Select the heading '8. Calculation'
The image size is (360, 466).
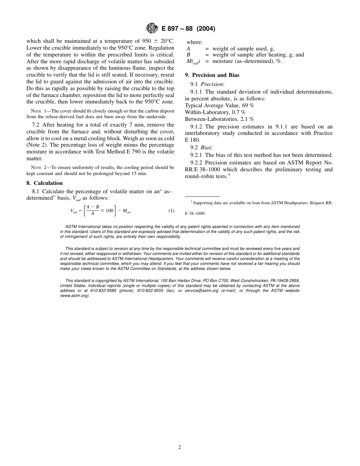pos(44,183)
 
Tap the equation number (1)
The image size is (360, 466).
pos(171,211)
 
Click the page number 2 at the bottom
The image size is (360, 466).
pos(180,447)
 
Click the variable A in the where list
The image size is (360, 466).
pos(188,48)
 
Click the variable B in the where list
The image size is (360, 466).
pos(188,55)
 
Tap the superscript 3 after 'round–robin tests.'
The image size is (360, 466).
pos(229,174)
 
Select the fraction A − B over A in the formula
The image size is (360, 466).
pos(92,210)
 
